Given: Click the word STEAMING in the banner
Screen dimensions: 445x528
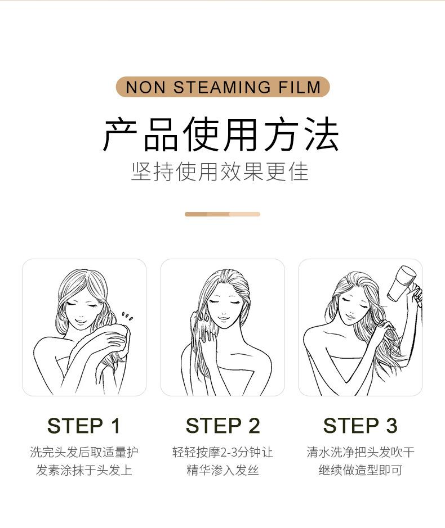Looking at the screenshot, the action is coord(222,87).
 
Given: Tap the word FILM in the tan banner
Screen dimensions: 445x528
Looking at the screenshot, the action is coord(300,87).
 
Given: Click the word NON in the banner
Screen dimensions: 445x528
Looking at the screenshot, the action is coord(145,87).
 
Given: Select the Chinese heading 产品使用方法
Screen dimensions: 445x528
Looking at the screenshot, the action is coord(221,134).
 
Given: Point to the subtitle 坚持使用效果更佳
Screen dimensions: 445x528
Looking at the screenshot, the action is coord(220,172).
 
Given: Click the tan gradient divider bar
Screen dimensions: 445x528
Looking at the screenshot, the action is coord(222,214).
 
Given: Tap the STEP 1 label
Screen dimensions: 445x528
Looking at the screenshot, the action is coord(84,426).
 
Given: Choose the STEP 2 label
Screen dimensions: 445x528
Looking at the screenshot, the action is coord(222,426).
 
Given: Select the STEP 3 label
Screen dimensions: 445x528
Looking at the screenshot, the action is coord(360,426).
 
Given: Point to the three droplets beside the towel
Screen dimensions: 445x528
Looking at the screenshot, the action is coord(127,316).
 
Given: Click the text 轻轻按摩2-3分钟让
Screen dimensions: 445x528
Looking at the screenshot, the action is coord(222,452).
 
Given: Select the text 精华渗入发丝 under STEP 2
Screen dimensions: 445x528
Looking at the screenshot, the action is coord(222,470).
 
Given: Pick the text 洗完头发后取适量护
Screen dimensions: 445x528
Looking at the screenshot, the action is coord(84,452).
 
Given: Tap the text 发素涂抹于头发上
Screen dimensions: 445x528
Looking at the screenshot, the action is coord(84,470).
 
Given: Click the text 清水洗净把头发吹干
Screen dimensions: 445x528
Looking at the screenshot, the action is coord(361,452).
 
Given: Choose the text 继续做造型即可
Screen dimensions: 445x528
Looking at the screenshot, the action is coord(361,470).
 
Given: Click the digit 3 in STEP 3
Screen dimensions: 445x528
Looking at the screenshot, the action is coord(391,426).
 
